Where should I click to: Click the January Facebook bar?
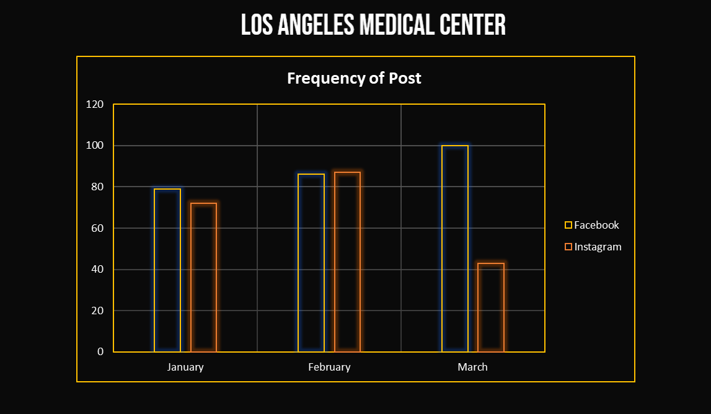[167, 270]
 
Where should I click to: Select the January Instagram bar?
[203, 277]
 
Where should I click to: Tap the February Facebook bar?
[311, 263]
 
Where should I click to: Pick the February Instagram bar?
[347, 262]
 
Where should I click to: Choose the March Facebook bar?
[455, 249]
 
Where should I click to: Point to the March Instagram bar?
[491, 307]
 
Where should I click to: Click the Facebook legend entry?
[592, 225]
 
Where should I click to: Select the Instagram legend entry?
[593, 247]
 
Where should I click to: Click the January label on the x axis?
[185, 367]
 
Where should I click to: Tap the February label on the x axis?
[329, 367]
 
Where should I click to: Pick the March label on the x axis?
[473, 367]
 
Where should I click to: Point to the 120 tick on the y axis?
[95, 104]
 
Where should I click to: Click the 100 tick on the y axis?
[95, 146]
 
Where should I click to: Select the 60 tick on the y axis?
[97, 228]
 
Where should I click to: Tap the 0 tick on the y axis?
[100, 351]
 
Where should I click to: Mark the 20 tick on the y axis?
[97, 310]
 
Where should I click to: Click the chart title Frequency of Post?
[354, 79]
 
